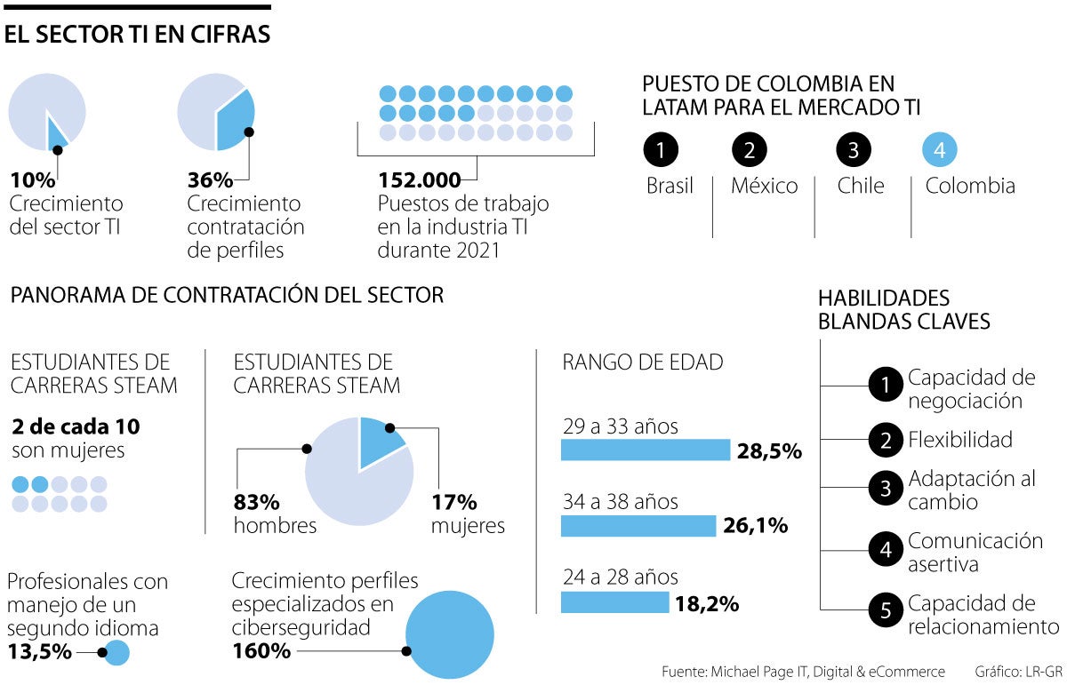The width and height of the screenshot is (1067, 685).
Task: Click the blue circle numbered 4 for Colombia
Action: tap(940, 150)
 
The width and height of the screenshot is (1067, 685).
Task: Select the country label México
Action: tap(764, 187)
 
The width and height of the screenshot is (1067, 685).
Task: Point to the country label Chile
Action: tap(861, 187)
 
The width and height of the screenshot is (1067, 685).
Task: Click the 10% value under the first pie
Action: tap(33, 180)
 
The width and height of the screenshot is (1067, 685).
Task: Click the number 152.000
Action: tap(420, 179)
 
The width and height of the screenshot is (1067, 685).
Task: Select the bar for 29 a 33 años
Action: tap(645, 450)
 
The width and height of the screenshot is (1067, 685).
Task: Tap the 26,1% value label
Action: tap(755, 526)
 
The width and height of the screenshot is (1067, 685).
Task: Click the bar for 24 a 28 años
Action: tap(614, 602)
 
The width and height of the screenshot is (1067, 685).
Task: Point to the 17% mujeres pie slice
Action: tap(381, 439)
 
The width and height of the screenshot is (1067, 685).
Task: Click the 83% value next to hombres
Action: tap(258, 502)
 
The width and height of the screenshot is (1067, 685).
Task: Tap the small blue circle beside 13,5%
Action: tap(116, 654)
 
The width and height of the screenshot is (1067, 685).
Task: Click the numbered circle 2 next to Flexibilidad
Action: tap(885, 439)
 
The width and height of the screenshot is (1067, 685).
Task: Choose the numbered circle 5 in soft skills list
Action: tap(885, 610)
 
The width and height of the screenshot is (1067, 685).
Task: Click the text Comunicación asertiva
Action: tap(975, 552)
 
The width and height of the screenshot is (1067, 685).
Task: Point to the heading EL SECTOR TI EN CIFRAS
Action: tap(138, 36)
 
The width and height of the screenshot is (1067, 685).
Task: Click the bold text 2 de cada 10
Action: tap(76, 426)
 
